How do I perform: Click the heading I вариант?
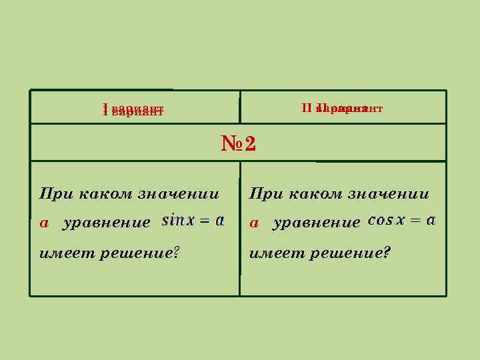coord(133,109)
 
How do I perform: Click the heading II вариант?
coord(341,107)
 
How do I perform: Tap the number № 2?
coord(238,143)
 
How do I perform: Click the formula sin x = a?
coord(193,221)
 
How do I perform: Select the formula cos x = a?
coord(401,220)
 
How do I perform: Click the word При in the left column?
coord(55,195)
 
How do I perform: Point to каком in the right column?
coord(315,195)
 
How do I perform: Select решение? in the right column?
coord(349,253)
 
